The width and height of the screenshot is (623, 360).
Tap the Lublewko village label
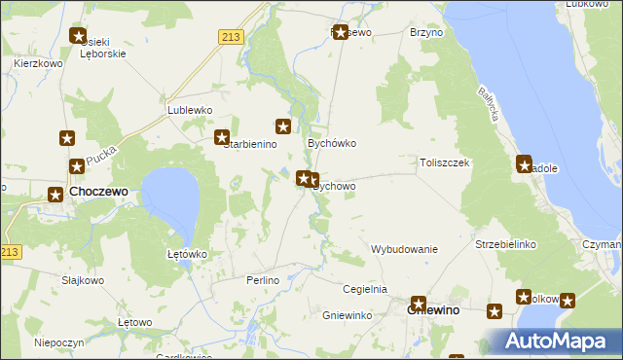190,110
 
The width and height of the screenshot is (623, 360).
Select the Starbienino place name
250,144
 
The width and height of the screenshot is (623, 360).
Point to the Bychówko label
332,143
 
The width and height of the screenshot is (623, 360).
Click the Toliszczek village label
445,163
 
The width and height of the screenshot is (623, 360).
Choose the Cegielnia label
365,289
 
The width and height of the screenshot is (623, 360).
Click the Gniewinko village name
348,315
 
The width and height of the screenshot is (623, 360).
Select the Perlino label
263,280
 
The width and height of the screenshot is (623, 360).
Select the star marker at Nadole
524,164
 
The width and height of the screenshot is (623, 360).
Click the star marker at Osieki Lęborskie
79,37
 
